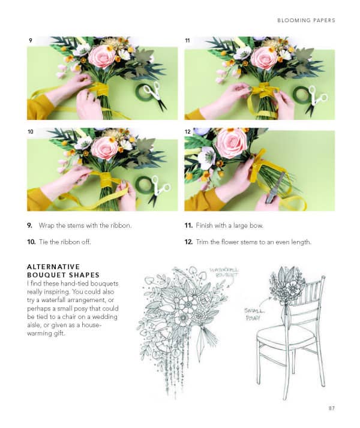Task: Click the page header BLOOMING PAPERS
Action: pyautogui.click(x=306, y=20)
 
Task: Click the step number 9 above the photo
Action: pyautogui.click(x=30, y=40)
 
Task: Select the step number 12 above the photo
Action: pyautogui.click(x=188, y=131)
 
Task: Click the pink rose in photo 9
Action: pyautogui.click(x=102, y=56)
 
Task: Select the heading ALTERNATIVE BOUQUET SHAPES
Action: pyautogui.click(x=54, y=270)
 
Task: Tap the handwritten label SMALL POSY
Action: pyautogui.click(x=252, y=314)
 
